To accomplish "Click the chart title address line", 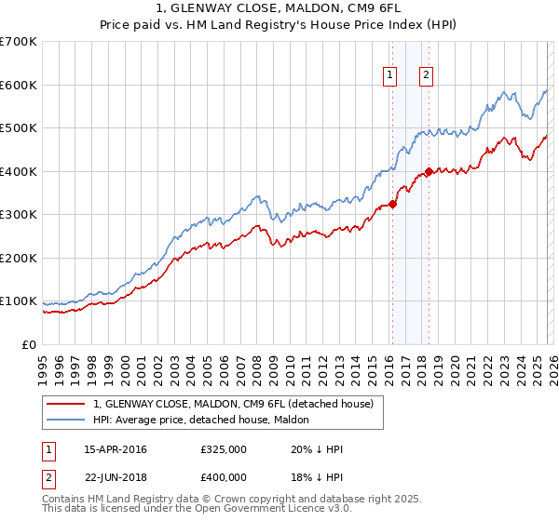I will [x=279, y=7].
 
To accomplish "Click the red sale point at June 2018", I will [x=428, y=171].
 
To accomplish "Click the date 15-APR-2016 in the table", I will [x=116, y=449].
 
